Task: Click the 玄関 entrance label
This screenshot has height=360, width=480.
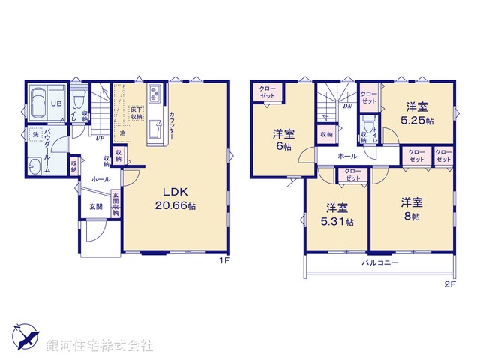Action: click(x=97, y=206)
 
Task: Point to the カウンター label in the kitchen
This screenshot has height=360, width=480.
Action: click(x=172, y=124)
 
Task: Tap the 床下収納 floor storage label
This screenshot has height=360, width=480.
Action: click(x=136, y=113)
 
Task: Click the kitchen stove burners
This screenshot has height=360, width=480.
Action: click(x=155, y=94)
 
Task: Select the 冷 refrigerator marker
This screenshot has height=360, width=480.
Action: click(x=122, y=133)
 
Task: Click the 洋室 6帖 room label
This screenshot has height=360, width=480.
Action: click(x=283, y=141)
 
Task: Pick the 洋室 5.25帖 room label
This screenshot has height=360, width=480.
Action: click(x=415, y=113)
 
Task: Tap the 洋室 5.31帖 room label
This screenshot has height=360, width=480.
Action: click(x=336, y=214)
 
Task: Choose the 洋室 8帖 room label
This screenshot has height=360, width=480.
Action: click(x=409, y=208)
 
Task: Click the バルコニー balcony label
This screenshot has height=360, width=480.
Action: click(x=380, y=263)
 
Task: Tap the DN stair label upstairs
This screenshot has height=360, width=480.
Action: click(x=347, y=106)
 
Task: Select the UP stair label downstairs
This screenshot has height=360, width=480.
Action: click(x=99, y=137)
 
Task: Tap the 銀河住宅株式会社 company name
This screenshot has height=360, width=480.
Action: click(x=100, y=346)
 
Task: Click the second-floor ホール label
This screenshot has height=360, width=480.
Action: click(x=346, y=156)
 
